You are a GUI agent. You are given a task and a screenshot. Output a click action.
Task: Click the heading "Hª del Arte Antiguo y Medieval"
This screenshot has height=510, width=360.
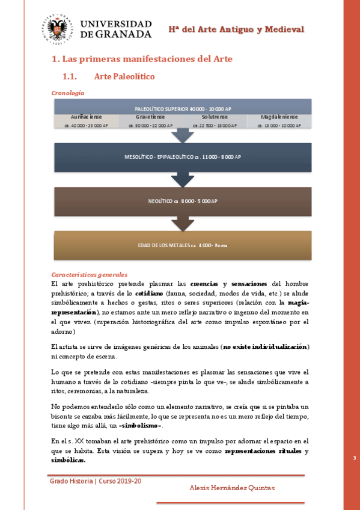pyautogui.click(x=236, y=29)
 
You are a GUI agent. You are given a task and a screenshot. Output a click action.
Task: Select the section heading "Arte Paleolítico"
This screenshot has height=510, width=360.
pyautogui.click(x=124, y=76)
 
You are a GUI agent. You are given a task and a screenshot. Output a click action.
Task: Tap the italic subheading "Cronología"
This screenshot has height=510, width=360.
pyautogui.click(x=67, y=93)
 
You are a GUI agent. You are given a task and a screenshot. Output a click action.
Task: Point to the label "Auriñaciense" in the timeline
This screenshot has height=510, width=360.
pyautogui.click(x=86, y=117)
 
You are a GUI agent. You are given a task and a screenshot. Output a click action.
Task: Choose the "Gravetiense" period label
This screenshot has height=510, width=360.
pyautogui.click(x=150, y=117)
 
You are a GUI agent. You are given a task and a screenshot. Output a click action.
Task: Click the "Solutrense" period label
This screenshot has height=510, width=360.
pyautogui.click(x=215, y=117)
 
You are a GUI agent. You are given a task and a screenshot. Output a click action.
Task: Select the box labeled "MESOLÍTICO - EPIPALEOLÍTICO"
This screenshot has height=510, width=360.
pyautogui.click(x=183, y=157)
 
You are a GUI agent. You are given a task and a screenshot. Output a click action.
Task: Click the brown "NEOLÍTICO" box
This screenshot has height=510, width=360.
pyautogui.click(x=183, y=201)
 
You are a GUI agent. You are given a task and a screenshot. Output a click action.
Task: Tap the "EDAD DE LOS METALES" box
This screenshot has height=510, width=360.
pyautogui.click(x=183, y=245)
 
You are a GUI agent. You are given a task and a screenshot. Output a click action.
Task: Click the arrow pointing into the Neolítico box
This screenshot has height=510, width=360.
pyautogui.click(x=183, y=180)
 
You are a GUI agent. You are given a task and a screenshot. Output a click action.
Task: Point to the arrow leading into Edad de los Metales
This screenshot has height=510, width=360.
pyautogui.click(x=183, y=224)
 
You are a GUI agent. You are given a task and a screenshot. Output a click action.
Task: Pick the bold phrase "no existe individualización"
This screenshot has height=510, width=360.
pyautogui.click(x=265, y=347)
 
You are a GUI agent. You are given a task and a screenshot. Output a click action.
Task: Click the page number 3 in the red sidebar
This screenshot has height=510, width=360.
pyautogui.click(x=354, y=458)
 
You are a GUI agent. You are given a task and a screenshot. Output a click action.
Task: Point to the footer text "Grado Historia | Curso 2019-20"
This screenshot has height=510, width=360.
pyautogui.click(x=96, y=481)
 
